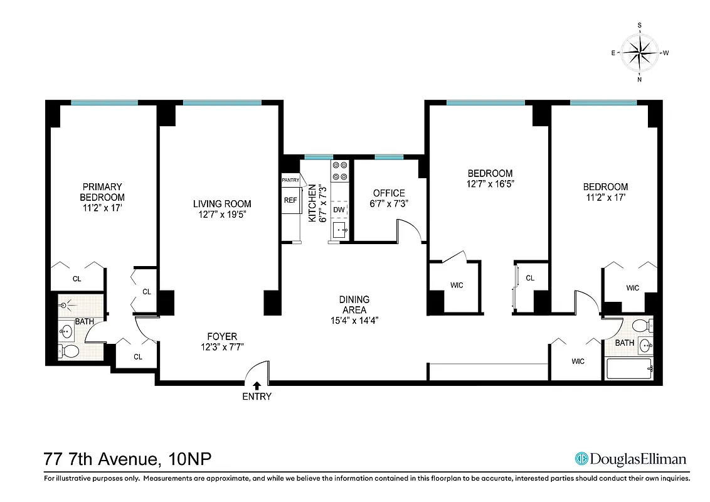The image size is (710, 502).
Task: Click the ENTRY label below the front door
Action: tap(257, 397)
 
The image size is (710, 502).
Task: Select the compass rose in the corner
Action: tap(639, 53)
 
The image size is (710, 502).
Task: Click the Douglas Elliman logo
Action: tap(631, 459)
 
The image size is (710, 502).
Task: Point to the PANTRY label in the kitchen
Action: tap(290, 180)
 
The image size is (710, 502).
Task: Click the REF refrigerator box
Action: tap(290, 201)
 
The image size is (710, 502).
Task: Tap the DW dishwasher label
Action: tap(339, 210)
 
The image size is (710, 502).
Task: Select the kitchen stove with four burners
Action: tap(339, 171)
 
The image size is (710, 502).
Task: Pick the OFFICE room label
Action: tap(389, 193)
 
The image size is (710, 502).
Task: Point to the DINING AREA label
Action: tap(354, 304)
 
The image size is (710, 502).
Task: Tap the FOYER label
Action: tap(222, 336)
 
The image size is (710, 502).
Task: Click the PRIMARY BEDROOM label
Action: tap(103, 191)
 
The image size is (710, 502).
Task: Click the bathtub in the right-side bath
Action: tap(629, 368)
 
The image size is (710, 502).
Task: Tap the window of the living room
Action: tap(222, 103)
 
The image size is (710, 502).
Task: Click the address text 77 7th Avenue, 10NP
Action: tap(127, 459)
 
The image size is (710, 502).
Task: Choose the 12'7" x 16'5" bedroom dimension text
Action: tap(490, 184)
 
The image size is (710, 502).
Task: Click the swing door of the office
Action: tap(408, 231)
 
